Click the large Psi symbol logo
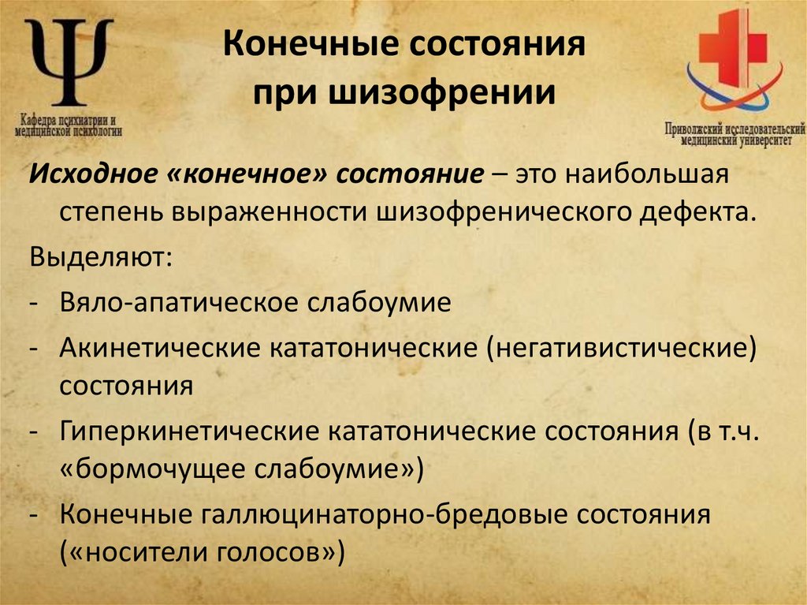coord(69,62)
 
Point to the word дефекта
coord(694,212)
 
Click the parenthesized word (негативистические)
coord(622,348)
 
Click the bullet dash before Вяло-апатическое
coord(36,303)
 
